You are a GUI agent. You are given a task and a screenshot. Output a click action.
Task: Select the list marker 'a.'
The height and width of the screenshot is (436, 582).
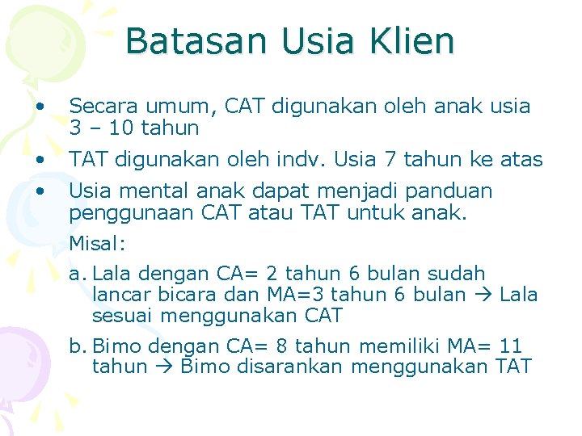pyautogui.click(x=78, y=274)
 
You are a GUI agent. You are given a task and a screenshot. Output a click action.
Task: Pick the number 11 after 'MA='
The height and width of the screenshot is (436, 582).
pyautogui.click(x=511, y=346)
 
